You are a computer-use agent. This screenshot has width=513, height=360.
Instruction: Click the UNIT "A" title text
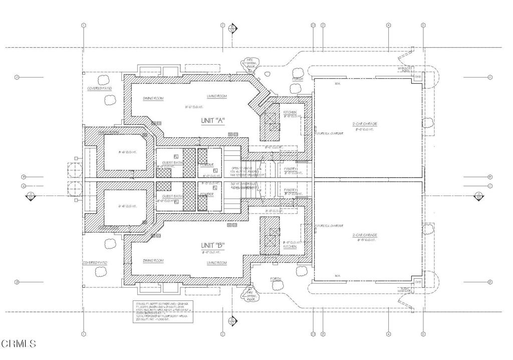coord(213,120)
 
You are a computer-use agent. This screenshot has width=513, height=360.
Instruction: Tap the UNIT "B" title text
coord(213,245)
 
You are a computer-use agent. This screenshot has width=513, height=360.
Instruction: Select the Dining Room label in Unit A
coord(153,99)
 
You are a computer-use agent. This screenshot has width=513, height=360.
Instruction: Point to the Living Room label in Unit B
coord(217,263)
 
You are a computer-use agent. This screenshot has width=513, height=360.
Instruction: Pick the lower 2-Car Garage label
coord(364,235)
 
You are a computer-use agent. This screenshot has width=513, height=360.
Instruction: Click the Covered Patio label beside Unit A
coord(99,88)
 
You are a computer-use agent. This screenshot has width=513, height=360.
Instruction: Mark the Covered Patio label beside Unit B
coord(95,263)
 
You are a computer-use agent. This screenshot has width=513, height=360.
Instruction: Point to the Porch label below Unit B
coord(276,279)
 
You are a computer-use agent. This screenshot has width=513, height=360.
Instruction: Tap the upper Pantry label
coord(291,169)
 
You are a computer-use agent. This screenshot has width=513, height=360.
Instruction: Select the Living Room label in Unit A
coord(217,96)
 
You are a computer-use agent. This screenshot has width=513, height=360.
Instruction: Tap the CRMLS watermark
coord(19,344)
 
